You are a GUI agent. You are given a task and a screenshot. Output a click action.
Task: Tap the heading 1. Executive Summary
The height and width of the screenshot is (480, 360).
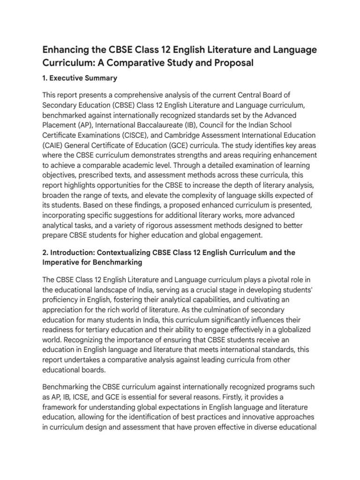tap(80, 78)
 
